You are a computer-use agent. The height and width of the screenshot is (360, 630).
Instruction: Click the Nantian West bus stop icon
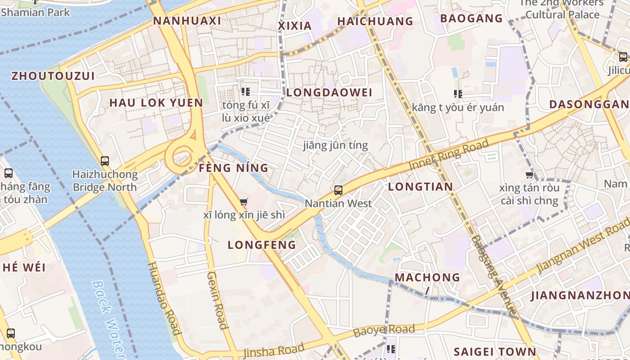click(338, 190)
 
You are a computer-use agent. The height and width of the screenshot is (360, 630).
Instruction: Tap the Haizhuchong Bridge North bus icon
click(105, 161)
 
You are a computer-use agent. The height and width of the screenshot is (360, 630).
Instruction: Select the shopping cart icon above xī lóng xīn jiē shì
click(244, 202)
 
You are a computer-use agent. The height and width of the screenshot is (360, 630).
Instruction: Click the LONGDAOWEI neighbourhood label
click(329, 93)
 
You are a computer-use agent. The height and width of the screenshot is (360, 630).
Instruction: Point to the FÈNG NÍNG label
click(234, 168)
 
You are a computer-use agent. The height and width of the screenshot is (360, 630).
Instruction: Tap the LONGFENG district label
click(262, 245)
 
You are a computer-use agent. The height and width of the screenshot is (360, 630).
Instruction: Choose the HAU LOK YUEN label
click(156, 103)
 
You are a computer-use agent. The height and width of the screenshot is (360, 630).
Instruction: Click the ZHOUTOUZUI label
click(53, 76)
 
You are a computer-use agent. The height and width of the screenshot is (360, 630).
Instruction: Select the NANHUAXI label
click(187, 21)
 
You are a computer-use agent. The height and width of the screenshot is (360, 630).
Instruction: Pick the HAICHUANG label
click(375, 21)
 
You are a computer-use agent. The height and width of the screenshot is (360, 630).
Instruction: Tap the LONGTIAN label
click(420, 187)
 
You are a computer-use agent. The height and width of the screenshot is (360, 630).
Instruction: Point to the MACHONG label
click(427, 277)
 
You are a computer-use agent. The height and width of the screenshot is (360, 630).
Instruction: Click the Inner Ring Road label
click(448, 155)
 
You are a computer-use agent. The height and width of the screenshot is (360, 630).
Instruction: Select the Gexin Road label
click(216, 300)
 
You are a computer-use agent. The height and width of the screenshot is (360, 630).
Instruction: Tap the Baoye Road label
click(384, 331)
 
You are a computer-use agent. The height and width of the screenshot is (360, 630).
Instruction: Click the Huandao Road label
click(164, 298)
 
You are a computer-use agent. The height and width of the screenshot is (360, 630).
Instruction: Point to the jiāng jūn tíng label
click(335, 145)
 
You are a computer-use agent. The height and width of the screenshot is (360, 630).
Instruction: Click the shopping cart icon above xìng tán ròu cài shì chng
click(530, 175)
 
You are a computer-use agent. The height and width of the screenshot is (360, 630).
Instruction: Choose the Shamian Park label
click(36, 12)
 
